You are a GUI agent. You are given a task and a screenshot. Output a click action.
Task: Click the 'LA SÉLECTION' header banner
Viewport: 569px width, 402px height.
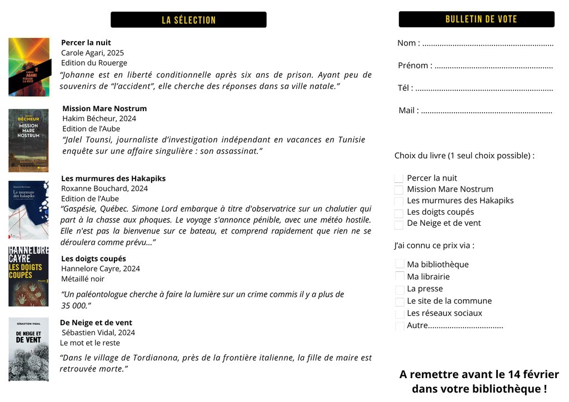point(188,20)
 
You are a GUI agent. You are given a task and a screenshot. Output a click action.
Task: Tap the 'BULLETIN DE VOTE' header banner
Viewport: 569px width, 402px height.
point(476,19)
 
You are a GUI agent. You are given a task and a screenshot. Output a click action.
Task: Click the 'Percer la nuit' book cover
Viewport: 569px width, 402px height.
point(29,67)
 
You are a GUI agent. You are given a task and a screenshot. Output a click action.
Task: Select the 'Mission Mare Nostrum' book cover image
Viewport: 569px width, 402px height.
point(28,140)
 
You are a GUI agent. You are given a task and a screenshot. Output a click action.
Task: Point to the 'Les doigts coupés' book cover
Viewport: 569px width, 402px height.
point(28,276)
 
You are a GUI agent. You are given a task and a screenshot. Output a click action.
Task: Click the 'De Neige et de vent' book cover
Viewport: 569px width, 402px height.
point(28,349)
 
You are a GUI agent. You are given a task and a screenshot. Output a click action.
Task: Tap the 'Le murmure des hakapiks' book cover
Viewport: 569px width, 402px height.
point(28,210)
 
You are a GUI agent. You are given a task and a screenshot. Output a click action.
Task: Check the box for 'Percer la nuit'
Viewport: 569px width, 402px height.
point(399,178)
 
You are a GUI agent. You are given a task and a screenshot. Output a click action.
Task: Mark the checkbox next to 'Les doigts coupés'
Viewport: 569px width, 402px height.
point(399,213)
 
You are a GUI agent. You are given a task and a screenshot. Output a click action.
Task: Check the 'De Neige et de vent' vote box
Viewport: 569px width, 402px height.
point(399,225)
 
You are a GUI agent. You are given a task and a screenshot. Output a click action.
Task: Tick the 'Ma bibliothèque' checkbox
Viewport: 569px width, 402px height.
point(400,265)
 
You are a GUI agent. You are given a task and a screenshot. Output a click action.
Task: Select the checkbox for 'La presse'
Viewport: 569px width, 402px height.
point(400,290)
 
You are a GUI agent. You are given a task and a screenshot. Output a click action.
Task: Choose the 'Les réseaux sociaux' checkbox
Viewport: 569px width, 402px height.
point(400,314)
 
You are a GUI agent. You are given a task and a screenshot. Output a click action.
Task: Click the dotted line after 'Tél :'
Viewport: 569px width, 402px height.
point(484,89)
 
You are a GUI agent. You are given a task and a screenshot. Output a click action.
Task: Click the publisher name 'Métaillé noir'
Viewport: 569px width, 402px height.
point(83,279)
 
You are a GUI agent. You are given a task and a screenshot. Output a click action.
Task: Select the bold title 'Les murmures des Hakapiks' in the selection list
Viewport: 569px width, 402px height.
point(113,178)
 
